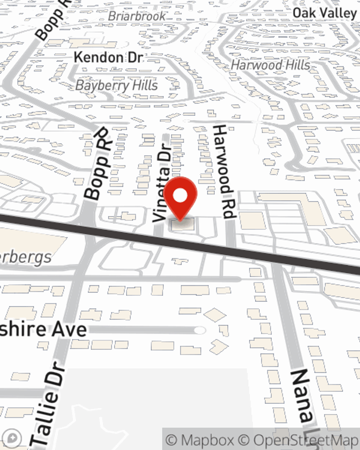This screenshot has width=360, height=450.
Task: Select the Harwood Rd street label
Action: click(x=224, y=172)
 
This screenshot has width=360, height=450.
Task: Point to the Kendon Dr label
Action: click(x=108, y=58)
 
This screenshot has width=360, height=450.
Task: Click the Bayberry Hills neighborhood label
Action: click(x=117, y=85)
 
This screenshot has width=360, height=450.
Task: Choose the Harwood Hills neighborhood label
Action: click(x=270, y=65)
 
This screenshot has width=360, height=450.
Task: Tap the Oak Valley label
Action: click(x=324, y=13)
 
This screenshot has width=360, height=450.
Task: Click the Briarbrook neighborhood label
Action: click(x=137, y=16)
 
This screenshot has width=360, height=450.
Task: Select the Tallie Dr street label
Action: click(x=49, y=403)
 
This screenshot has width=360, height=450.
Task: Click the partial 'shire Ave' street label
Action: click(x=43, y=330)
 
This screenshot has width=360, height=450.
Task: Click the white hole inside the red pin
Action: click(x=180, y=196)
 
